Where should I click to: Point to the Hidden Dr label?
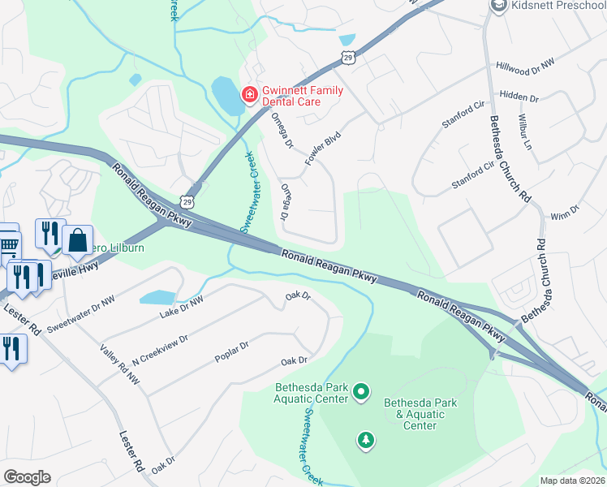[x=519, y=96]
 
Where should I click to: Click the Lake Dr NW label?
[x=181, y=306]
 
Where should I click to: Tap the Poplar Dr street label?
[x=232, y=349]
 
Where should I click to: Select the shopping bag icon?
[x=77, y=240]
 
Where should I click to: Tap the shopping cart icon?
[x=8, y=243]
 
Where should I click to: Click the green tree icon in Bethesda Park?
[x=366, y=440]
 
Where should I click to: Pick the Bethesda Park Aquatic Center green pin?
[x=362, y=394]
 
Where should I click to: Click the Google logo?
[x=27, y=476]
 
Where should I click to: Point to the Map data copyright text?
[x=572, y=481]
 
